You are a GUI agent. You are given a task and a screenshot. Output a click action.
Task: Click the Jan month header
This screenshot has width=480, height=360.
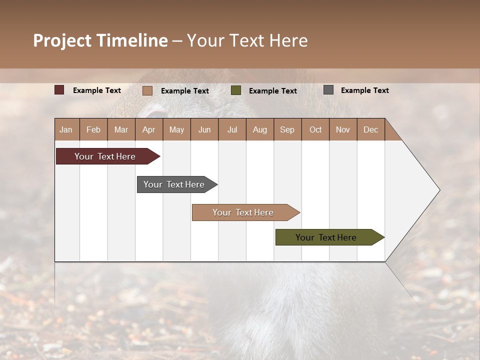[66, 129]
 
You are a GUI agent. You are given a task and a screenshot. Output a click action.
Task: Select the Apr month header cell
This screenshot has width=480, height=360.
[149, 129]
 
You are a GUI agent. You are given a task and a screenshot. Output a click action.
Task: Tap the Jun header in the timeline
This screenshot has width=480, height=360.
[204, 129]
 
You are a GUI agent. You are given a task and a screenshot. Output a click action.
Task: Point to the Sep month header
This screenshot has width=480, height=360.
[287, 129]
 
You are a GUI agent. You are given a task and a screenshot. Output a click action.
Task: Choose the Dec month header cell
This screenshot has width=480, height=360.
[370, 129]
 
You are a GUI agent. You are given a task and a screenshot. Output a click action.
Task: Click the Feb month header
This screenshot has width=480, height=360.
[93, 129]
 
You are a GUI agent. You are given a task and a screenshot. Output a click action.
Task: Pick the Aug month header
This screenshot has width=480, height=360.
[260, 129]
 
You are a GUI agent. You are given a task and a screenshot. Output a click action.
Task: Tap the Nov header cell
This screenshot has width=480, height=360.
[343, 129]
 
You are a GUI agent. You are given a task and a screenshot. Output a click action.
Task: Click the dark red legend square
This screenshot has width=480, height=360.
[59, 90]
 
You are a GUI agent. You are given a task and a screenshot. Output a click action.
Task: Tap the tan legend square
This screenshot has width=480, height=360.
[147, 90]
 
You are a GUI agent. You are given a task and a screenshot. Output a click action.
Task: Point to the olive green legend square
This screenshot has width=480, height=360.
[236, 90]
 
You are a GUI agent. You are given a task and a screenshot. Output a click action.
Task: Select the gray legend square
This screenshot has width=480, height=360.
[328, 90]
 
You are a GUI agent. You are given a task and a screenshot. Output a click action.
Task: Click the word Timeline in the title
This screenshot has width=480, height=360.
[132, 40]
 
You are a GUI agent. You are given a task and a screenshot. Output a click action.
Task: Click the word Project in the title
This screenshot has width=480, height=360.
[62, 40]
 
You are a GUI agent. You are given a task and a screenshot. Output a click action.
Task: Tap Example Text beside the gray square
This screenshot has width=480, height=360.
[364, 90]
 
